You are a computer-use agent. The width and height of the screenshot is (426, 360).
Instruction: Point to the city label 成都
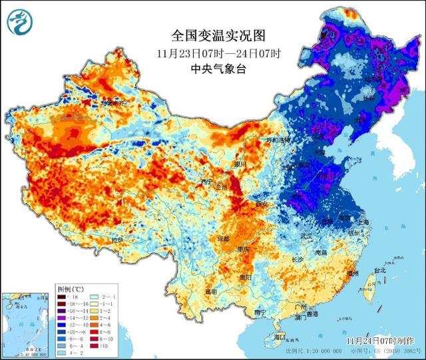222,239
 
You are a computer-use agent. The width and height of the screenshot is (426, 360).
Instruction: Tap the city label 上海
363,224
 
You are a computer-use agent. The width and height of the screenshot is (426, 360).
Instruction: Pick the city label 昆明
210,292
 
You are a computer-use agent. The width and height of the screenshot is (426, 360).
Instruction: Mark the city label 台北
379,271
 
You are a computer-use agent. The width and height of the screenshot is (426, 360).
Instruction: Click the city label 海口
279,337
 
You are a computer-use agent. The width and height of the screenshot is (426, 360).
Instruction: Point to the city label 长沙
297,260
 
